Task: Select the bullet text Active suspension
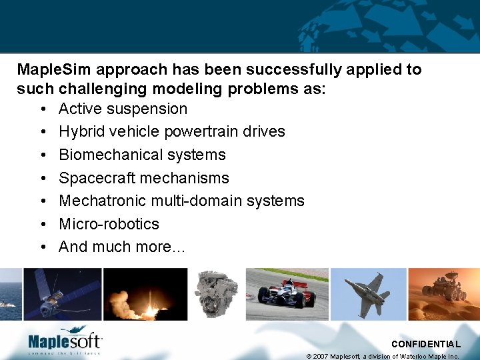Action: click(123, 109)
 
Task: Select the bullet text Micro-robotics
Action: click(109, 223)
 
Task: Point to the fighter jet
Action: click(368, 292)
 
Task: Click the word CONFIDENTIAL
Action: click(426, 344)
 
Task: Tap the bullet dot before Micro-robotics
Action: click(42, 224)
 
